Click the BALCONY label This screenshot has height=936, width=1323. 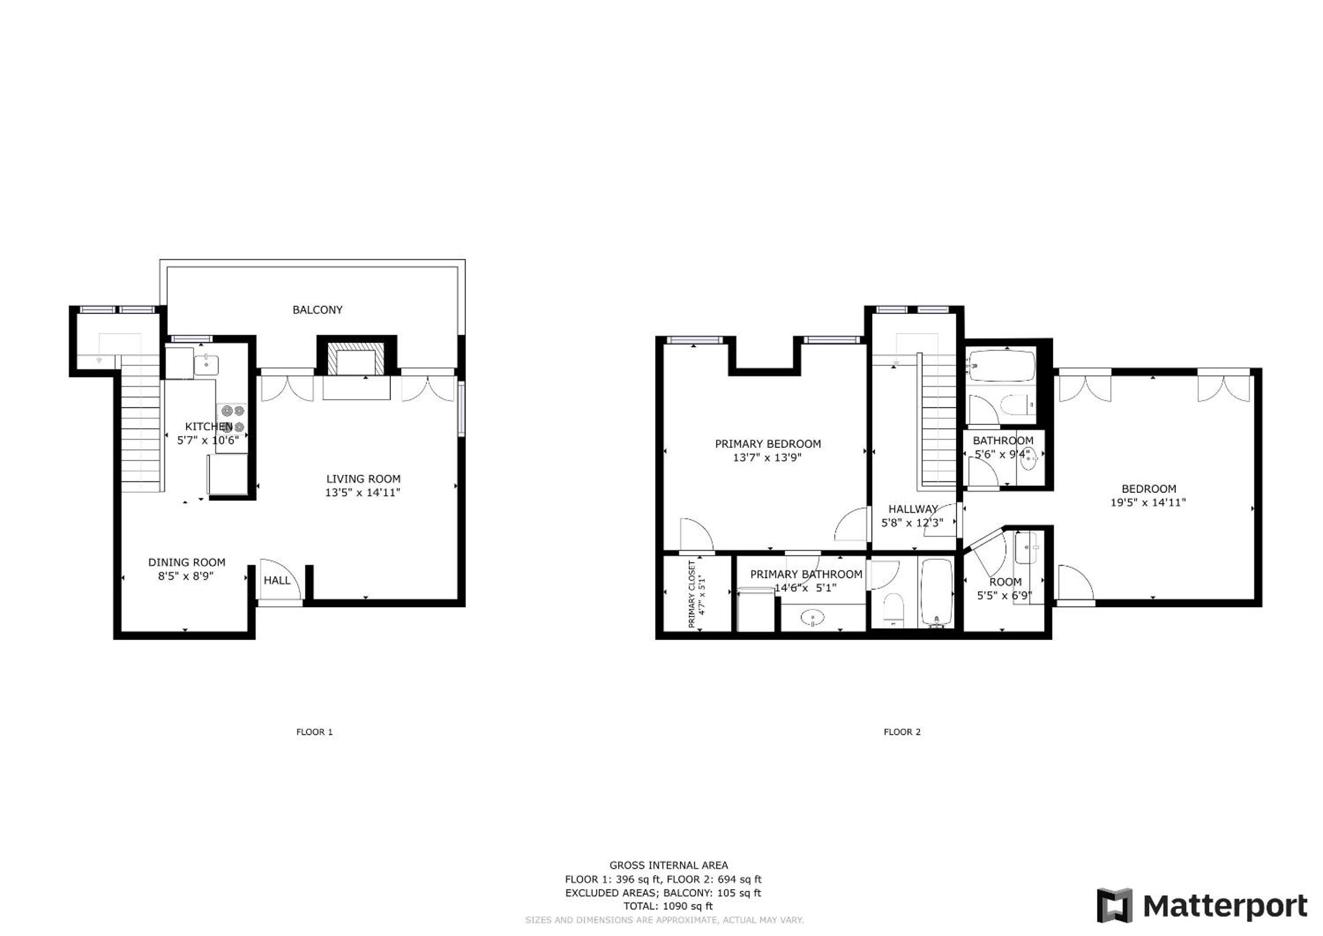point(317,310)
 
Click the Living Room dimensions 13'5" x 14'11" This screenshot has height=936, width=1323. point(362,493)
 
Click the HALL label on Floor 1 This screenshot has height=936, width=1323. point(277,581)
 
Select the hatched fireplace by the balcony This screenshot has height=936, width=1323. point(356,359)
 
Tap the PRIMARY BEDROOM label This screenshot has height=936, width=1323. point(768,444)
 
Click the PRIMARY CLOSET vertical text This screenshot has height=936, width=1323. point(697,594)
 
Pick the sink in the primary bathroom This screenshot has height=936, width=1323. point(813,619)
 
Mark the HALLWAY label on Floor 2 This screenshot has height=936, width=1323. point(912,509)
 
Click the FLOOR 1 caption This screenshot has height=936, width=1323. point(314,732)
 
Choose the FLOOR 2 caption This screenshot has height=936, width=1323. point(902,732)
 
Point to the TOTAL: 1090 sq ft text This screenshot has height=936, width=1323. point(668,906)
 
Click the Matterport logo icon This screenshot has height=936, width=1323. point(1114,905)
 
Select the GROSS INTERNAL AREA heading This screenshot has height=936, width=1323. point(668,865)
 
